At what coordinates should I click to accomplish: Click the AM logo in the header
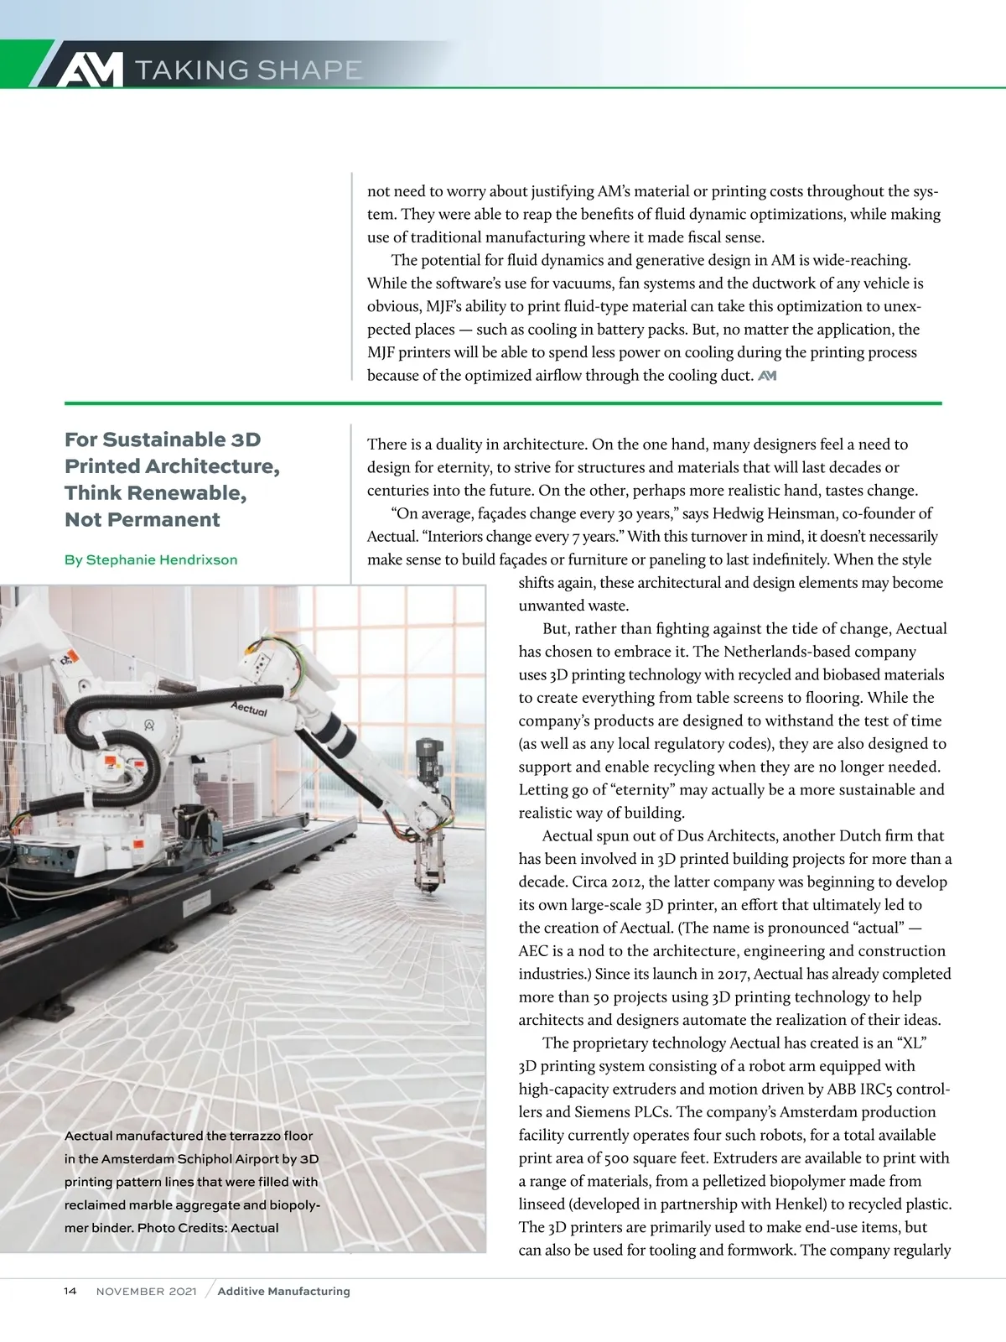pos(89,70)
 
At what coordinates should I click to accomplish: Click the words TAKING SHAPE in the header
pos(248,70)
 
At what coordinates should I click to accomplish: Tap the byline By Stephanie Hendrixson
pos(151,559)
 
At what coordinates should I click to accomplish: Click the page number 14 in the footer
pos(70,1291)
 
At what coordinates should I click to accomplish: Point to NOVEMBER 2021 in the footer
pos(147,1292)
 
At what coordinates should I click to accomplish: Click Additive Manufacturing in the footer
pos(283,1292)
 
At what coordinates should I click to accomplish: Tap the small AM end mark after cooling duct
pos(767,376)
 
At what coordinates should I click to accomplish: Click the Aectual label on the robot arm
pos(249,709)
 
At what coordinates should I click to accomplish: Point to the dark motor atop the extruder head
pos(429,753)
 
